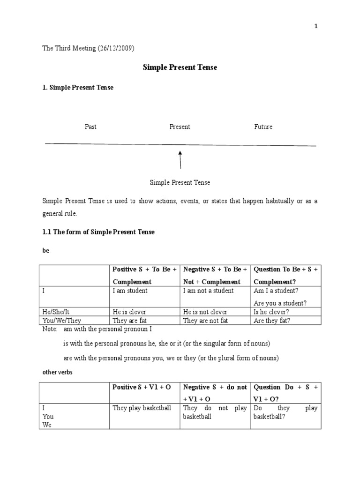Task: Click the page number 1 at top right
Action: click(x=316, y=27)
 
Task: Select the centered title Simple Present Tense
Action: click(x=180, y=67)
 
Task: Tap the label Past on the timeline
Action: click(x=90, y=127)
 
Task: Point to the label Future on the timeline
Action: click(x=263, y=127)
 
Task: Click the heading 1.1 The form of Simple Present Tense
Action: click(x=98, y=232)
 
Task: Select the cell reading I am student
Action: click(x=130, y=291)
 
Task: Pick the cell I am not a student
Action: click(x=208, y=291)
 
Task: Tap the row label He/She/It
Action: click(x=58, y=312)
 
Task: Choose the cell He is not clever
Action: click(x=205, y=312)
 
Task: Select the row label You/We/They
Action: click(x=61, y=321)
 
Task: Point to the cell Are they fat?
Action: click(x=272, y=321)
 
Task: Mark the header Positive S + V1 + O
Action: click(x=142, y=387)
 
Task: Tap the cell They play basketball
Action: click(x=142, y=408)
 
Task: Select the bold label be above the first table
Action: click(x=45, y=251)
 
